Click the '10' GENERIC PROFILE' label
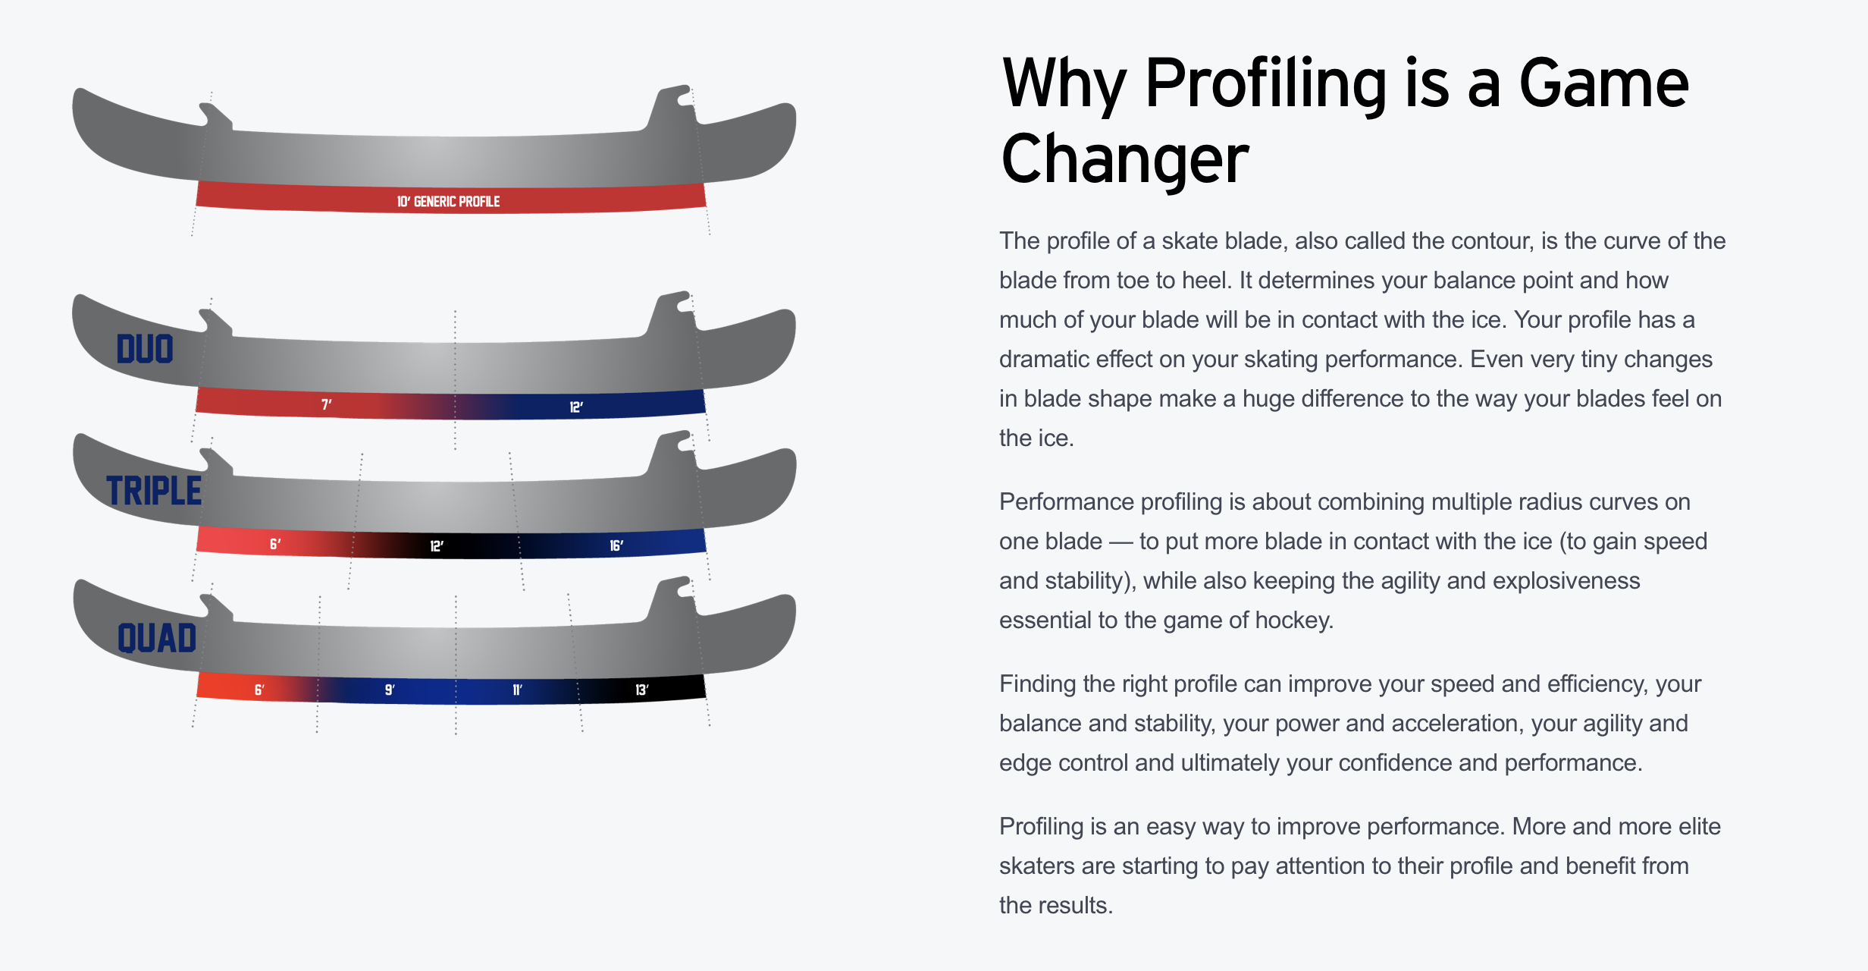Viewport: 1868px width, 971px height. click(448, 202)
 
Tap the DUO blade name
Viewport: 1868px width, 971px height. click(145, 349)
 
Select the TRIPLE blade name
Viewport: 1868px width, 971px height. click(154, 491)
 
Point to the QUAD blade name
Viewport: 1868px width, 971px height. click(157, 638)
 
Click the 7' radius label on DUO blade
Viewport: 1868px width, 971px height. click(327, 404)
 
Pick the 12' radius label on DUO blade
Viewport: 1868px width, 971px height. click(576, 407)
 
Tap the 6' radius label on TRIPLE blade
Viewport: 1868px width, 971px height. click(275, 544)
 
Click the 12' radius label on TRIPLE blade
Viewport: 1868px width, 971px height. click(437, 546)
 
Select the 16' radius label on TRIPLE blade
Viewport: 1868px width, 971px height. click(616, 545)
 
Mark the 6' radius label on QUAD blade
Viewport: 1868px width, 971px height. click(259, 690)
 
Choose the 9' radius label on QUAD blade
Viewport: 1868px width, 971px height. click(390, 690)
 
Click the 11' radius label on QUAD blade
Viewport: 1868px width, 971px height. click(517, 690)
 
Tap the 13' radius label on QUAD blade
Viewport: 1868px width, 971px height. click(642, 690)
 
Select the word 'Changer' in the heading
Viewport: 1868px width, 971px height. click(1125, 159)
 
